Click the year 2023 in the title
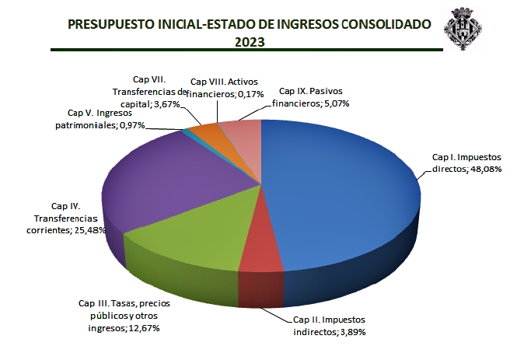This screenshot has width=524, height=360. tap(250, 42)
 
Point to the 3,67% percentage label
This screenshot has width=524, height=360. tap(168, 103)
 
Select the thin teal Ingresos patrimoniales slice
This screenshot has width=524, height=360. tap(186, 131)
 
